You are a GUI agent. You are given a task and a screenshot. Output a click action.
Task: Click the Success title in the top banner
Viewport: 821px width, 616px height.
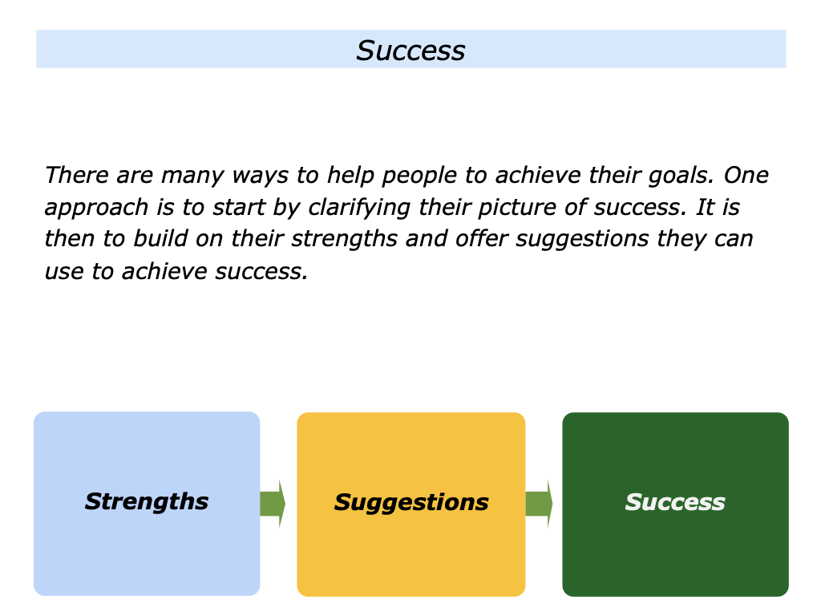click(x=410, y=51)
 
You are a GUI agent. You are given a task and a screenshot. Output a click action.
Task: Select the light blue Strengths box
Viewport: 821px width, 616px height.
click(x=147, y=504)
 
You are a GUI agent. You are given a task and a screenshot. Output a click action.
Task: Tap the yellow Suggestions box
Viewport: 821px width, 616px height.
click(x=411, y=504)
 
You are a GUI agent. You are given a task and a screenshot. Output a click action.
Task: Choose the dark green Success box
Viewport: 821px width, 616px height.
click(x=675, y=504)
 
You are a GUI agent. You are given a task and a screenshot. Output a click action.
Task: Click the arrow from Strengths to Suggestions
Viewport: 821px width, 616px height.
click(x=273, y=504)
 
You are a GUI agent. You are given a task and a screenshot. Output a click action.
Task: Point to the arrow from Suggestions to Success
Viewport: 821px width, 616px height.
click(x=540, y=504)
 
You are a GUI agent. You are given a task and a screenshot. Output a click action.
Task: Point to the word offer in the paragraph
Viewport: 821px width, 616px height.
click(x=482, y=238)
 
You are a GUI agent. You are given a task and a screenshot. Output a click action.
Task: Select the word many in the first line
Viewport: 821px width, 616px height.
click(x=192, y=176)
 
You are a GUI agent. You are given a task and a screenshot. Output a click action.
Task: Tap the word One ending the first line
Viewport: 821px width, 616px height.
click(x=746, y=174)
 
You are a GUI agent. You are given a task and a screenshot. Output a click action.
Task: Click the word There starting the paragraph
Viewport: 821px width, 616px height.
click(x=76, y=174)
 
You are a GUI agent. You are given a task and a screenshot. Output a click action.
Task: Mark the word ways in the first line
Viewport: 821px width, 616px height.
click(x=261, y=176)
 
